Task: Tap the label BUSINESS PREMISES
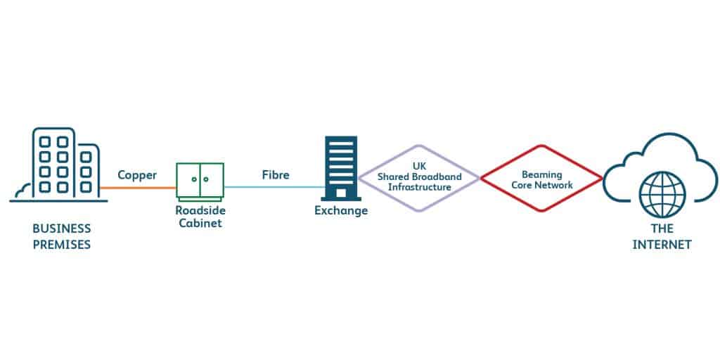point(62,237)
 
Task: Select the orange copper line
point(138,188)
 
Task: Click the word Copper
point(136,175)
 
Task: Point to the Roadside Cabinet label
point(200,216)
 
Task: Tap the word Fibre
point(275,175)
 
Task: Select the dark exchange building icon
point(341,168)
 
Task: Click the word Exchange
point(341,211)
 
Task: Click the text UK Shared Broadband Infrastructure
point(419,176)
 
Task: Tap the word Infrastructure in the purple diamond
point(419,186)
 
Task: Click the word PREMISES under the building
point(62,245)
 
